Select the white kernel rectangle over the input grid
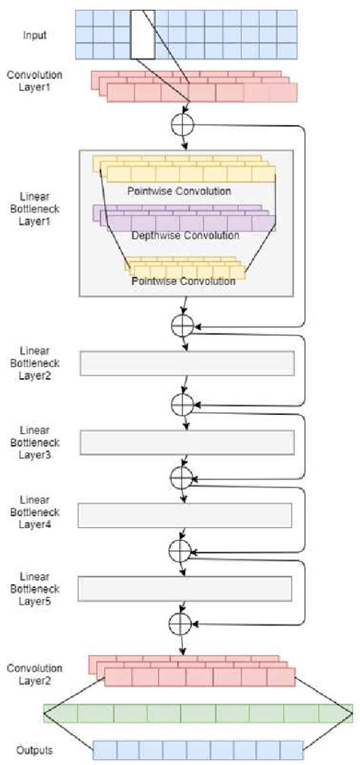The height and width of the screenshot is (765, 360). [143, 34]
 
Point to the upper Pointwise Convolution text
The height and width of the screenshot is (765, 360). [189, 190]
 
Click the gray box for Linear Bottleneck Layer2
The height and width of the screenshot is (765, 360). [186, 364]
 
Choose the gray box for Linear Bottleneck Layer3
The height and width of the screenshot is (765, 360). [186, 442]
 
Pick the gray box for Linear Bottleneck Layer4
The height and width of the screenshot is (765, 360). [185, 515]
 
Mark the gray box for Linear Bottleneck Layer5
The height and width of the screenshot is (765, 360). [185, 588]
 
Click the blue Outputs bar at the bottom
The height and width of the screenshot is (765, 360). [197, 751]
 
